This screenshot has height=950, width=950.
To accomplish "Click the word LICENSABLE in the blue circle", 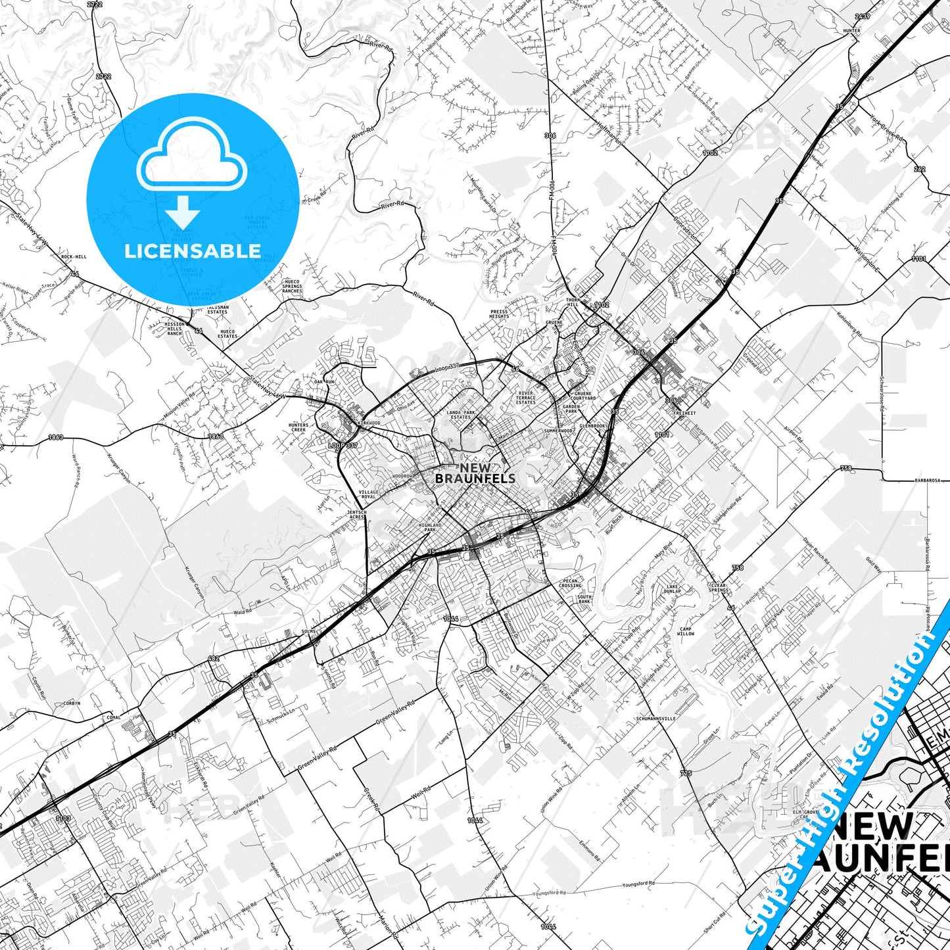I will [193, 251].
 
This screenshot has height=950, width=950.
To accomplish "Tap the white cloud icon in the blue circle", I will [191, 156].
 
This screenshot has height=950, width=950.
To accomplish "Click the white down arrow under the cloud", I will [182, 212].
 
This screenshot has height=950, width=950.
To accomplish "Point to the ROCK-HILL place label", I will [74, 256].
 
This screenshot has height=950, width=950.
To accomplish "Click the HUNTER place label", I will [851, 31].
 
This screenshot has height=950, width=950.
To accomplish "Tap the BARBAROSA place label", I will [928, 481].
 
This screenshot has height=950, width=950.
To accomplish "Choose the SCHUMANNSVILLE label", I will [655, 719].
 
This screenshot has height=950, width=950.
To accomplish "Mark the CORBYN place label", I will [72, 703].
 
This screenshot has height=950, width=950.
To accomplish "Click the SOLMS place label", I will [308, 631].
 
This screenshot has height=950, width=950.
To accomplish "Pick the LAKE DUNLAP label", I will [673, 588].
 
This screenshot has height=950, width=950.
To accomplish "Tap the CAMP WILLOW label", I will [686, 631].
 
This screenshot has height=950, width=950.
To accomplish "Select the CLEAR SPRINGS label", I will [719, 587].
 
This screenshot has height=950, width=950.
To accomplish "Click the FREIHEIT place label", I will [684, 414].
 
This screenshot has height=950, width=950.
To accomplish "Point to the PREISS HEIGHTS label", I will [499, 314].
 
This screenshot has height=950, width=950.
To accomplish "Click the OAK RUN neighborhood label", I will [324, 382].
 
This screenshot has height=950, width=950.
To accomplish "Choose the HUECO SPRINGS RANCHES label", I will [292, 286].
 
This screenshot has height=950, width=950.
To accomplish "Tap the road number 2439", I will [862, 16].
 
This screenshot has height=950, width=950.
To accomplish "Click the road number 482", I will [213, 658].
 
